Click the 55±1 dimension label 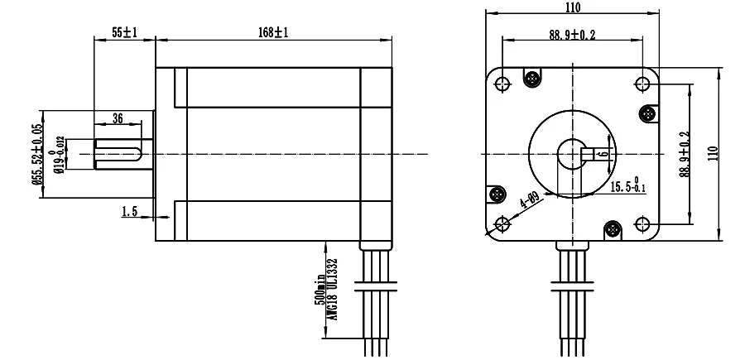124,32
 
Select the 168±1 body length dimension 274,32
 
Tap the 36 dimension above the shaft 118,118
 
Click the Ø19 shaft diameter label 59,156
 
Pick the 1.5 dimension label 129,211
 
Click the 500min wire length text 320,290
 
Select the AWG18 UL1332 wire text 333,289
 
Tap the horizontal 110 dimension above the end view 573,7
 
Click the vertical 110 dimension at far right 714,153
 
